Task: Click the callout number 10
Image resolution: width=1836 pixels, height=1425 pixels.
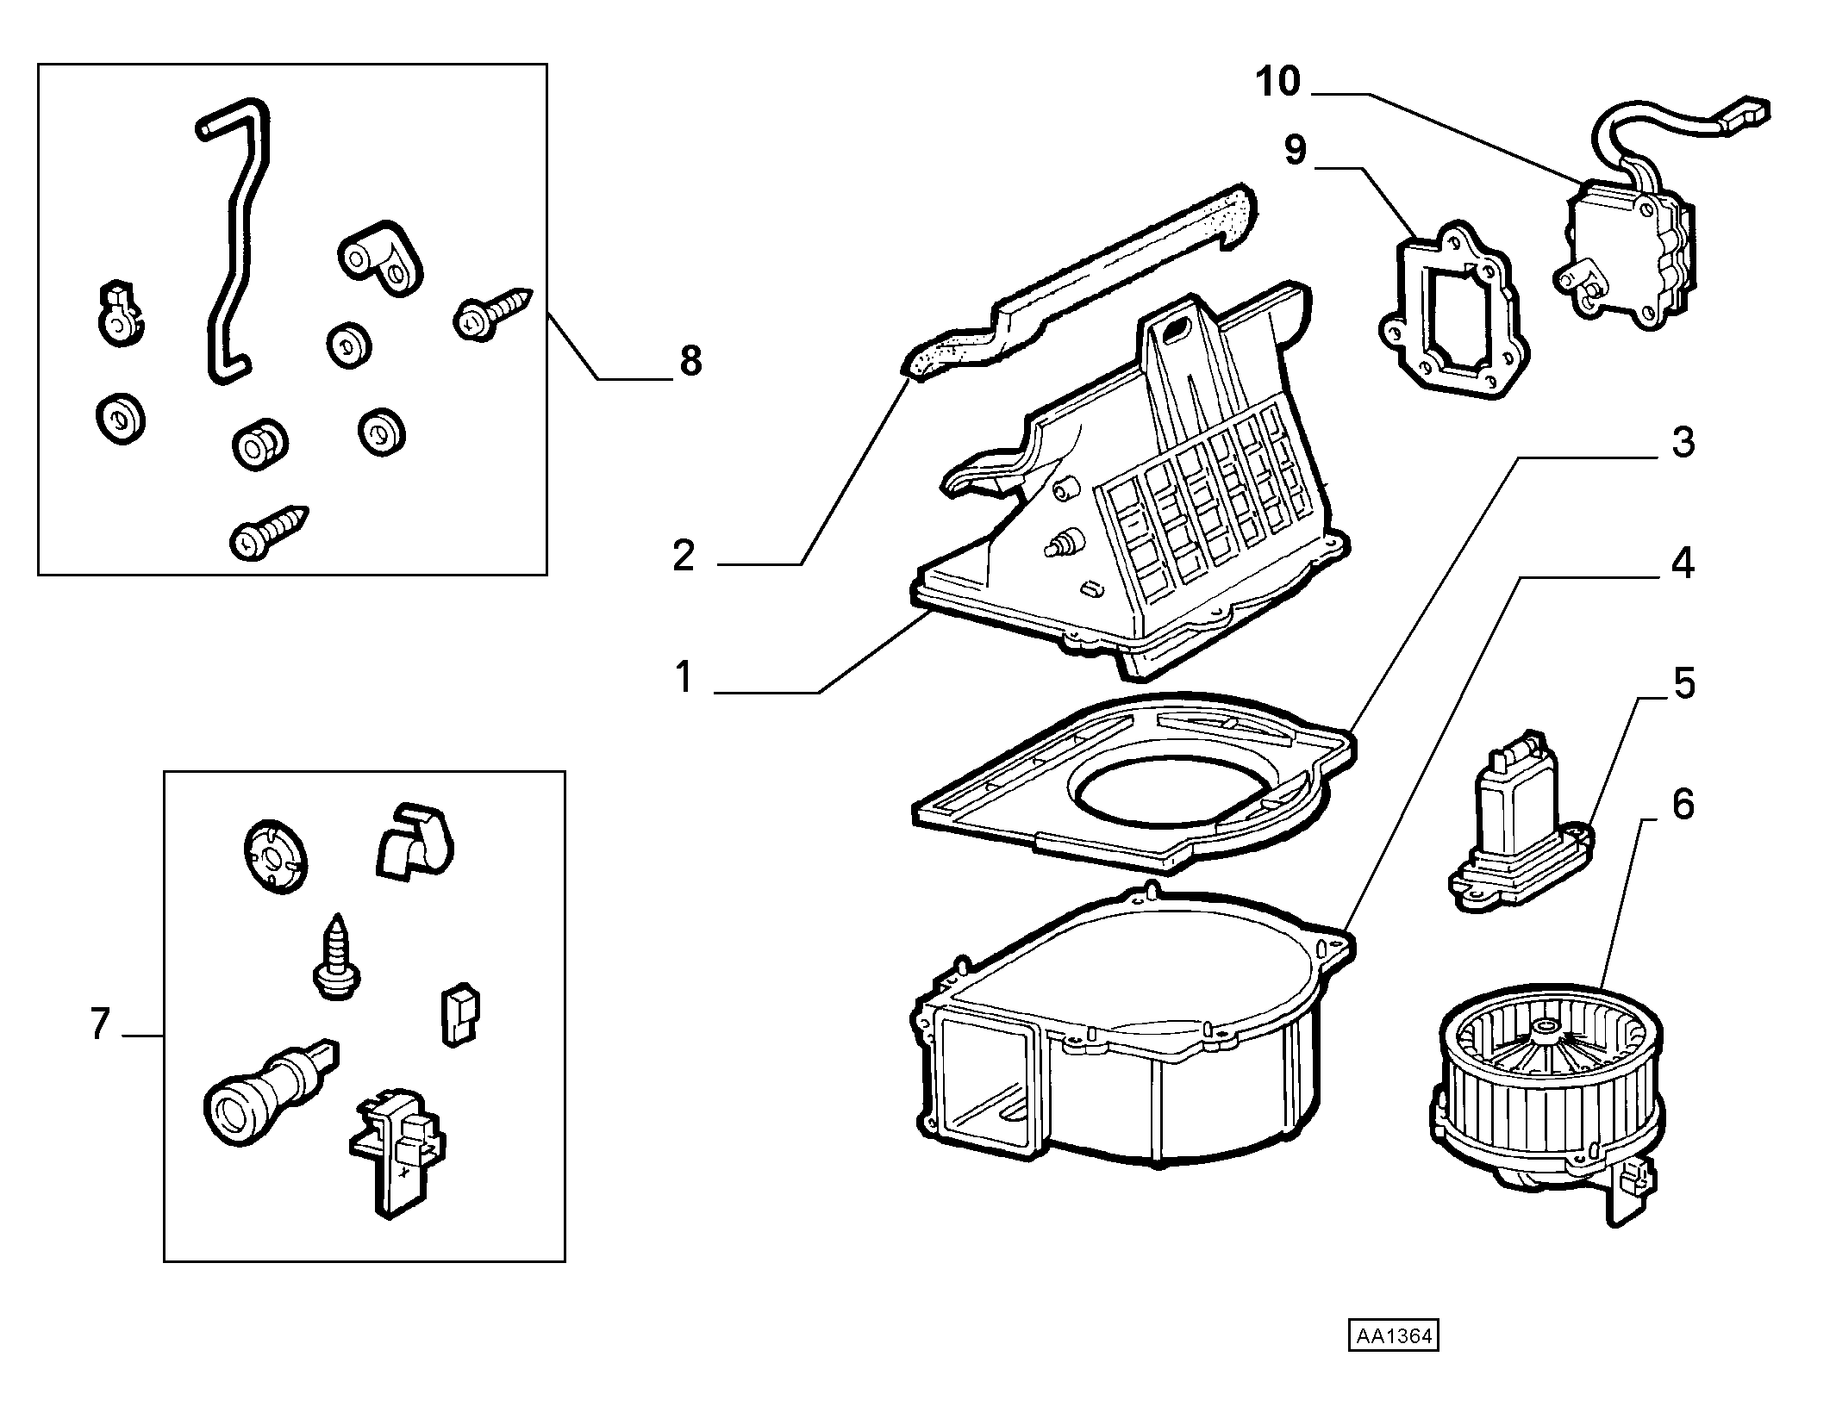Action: pos(1277,83)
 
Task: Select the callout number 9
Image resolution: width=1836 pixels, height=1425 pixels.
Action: pos(1296,150)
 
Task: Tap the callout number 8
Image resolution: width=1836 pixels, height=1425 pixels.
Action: pos(690,361)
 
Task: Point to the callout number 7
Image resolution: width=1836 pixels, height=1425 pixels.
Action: pos(100,1024)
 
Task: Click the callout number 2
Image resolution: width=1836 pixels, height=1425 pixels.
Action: pos(684,556)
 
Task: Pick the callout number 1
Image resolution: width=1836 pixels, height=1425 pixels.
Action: pos(684,678)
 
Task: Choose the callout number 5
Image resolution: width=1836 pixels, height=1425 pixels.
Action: pos(1683,683)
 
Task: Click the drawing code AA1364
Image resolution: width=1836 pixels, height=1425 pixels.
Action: pos(1394,1360)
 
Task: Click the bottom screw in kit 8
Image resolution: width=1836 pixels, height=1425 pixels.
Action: pos(268,532)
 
